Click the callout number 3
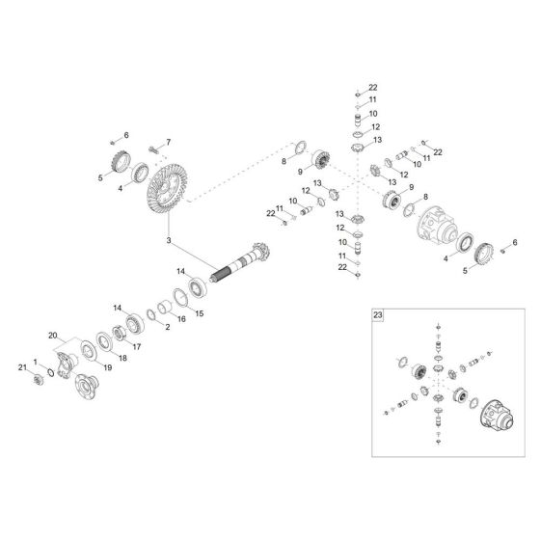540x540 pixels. [169, 239]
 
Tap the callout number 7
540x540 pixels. [168, 143]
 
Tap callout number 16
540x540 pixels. [181, 319]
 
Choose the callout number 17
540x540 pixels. [137, 345]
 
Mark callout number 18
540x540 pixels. [121, 358]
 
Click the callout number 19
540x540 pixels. [107, 366]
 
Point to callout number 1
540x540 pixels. [37, 361]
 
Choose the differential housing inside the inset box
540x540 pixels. [493, 416]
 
